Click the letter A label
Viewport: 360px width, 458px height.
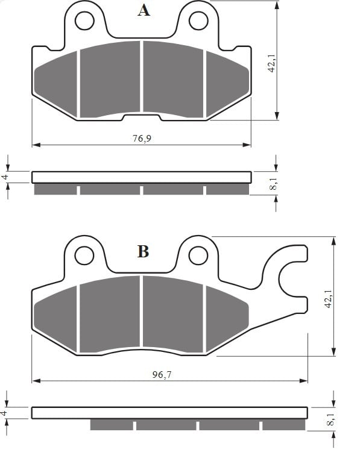[x=144, y=10]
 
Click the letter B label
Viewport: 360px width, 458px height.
[x=143, y=251]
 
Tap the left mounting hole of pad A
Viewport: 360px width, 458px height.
[x=84, y=20]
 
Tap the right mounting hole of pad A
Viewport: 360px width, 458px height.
[x=198, y=20]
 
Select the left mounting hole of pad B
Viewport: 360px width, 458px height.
[x=84, y=256]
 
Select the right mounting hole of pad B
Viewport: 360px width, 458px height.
[x=198, y=256]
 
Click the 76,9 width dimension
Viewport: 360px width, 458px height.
[x=142, y=138]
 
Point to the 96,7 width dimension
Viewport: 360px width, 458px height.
[x=162, y=374]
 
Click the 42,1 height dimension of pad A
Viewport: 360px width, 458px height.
[x=272, y=63]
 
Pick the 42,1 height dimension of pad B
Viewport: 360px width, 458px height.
[x=329, y=298]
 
